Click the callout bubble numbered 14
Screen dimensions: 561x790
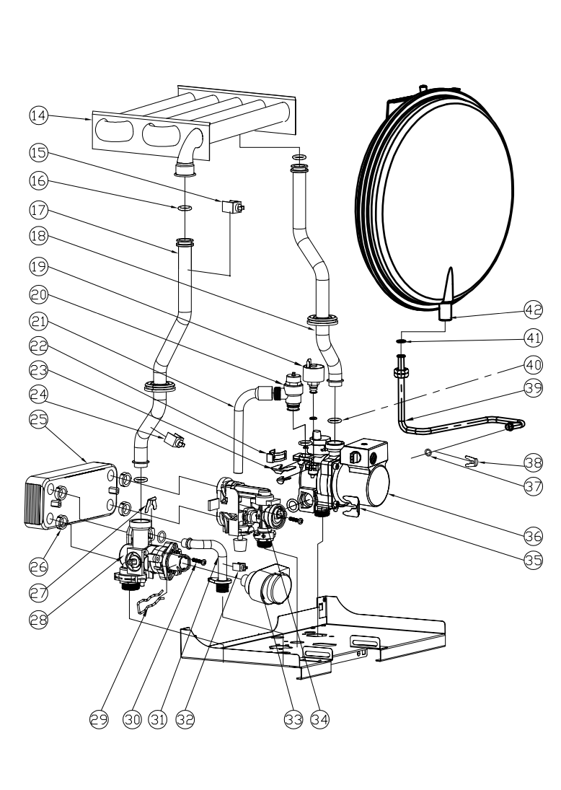[39, 115]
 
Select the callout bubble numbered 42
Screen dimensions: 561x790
[534, 310]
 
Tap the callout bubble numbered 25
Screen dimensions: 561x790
[39, 419]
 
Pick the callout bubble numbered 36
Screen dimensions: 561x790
[534, 535]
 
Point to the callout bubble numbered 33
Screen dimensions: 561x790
[293, 719]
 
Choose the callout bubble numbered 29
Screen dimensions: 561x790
[99, 719]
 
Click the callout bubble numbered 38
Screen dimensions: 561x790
[534, 462]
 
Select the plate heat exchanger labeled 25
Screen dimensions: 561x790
[71, 496]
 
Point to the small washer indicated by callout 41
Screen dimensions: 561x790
[402, 341]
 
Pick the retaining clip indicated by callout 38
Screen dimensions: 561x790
[472, 461]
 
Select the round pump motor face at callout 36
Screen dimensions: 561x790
[378, 486]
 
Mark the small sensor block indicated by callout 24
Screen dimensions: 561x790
[175, 440]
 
